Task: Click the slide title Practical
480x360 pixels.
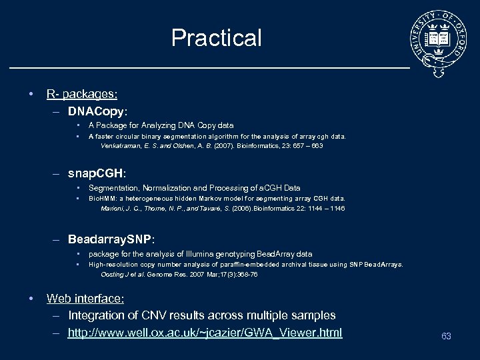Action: coord(216,38)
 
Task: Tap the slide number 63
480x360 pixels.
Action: coord(446,336)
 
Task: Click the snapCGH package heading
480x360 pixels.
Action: coord(97,173)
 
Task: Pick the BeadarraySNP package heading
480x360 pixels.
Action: coord(111,239)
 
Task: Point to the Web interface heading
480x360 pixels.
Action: coord(85,299)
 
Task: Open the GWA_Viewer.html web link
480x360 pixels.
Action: coord(205,332)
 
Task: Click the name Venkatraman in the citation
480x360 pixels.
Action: coord(121,145)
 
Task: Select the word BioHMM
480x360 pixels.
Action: coord(102,198)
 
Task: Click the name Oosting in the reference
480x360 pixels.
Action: coord(113,274)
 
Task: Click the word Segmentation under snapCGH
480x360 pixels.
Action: coord(111,188)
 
